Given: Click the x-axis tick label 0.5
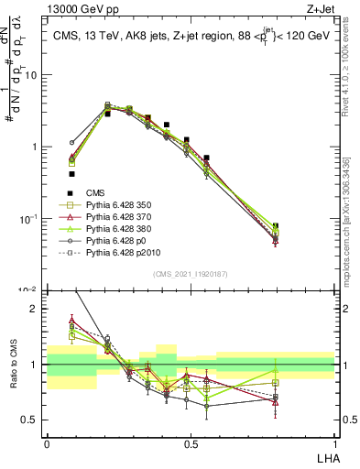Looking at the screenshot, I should pyautogui.click(x=190, y=442).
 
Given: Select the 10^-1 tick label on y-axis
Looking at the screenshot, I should pyautogui.click(x=28, y=219).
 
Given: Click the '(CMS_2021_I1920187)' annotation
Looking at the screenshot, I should pyautogui.click(x=191, y=274).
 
